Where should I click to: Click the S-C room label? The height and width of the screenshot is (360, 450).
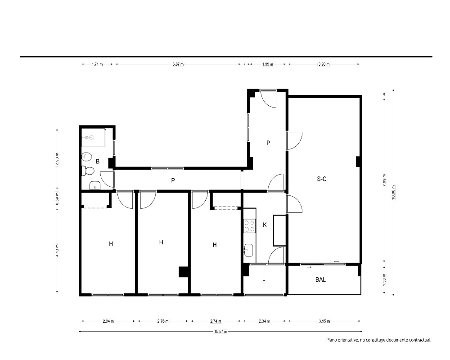(321, 179)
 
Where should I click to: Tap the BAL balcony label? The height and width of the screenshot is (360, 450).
(320, 279)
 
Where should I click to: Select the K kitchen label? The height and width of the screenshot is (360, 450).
(265, 225)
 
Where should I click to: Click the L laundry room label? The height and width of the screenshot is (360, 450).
(264, 279)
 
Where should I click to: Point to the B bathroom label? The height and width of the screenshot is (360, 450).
(98, 162)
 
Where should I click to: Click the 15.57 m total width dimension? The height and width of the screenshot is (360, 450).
(220, 331)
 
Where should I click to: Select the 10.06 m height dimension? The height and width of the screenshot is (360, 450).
(393, 192)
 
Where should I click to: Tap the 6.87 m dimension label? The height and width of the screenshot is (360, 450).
(178, 64)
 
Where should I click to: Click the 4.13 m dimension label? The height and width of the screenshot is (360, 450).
(57, 251)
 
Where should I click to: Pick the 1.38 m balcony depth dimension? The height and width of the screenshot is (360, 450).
(384, 279)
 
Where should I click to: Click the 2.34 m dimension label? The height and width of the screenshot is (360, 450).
(264, 321)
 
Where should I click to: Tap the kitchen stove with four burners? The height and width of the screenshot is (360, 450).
(249, 225)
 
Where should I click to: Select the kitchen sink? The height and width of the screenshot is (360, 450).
(248, 250)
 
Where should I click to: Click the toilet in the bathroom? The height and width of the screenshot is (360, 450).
(88, 171)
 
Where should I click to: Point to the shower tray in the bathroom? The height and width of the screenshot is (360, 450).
(93, 138)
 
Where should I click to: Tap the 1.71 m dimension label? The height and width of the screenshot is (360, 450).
(97, 64)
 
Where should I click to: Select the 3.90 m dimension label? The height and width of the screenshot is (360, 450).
(324, 64)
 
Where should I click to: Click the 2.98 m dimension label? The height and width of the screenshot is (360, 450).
(57, 159)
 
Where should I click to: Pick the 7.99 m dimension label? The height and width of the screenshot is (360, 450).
(384, 180)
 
